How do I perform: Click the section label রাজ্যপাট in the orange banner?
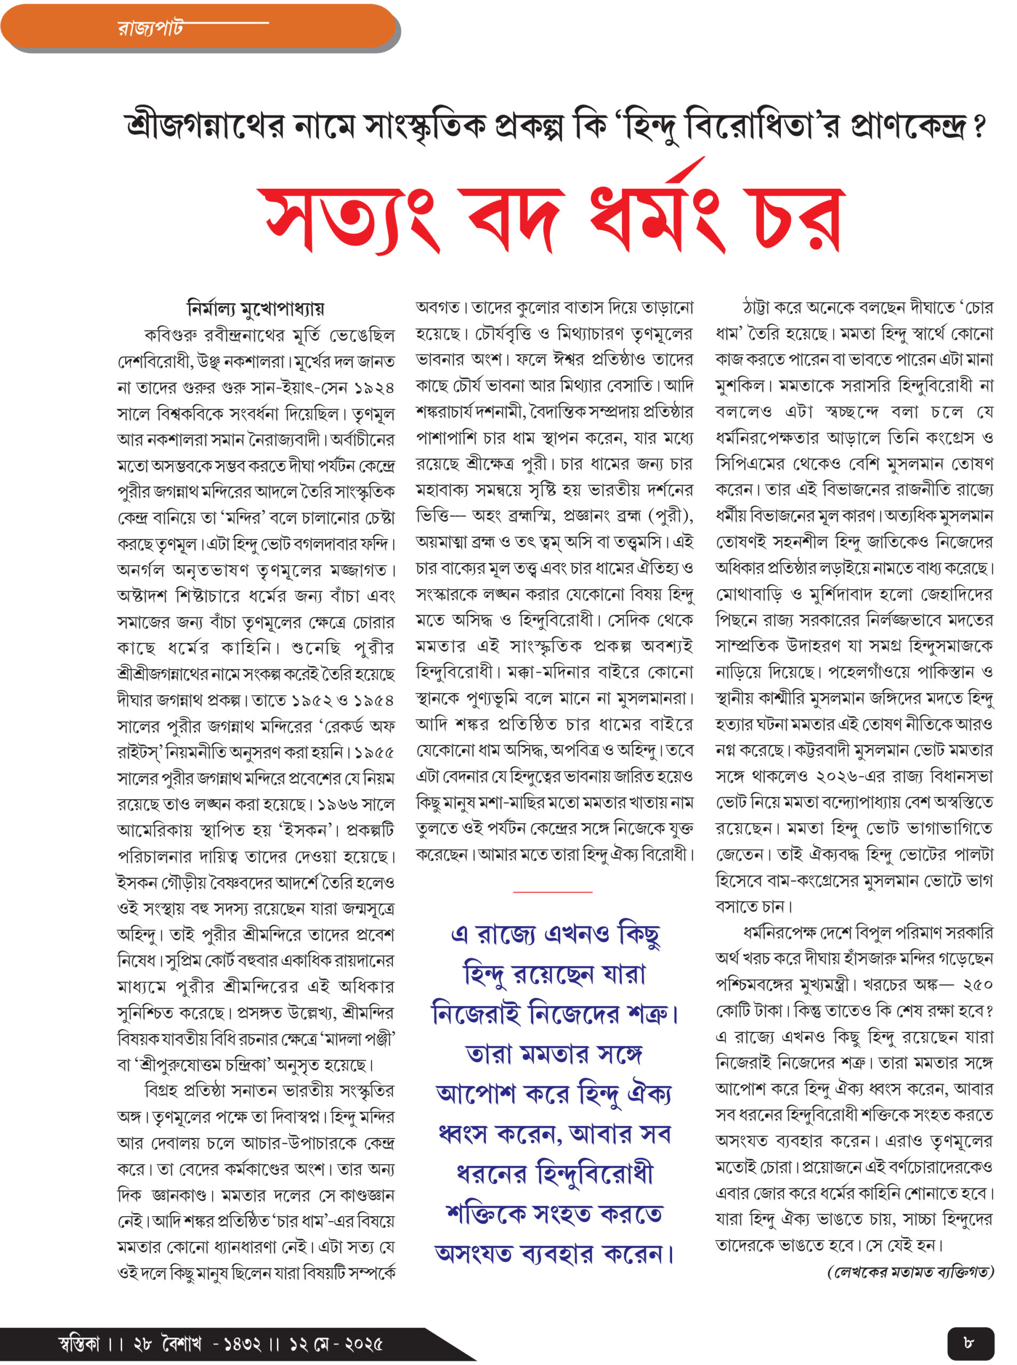click(x=150, y=28)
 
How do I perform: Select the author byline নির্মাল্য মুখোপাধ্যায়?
click(x=255, y=308)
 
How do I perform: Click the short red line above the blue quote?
click(x=552, y=892)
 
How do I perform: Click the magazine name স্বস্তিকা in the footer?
click(x=79, y=1344)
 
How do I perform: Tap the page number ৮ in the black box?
click(x=970, y=1342)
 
